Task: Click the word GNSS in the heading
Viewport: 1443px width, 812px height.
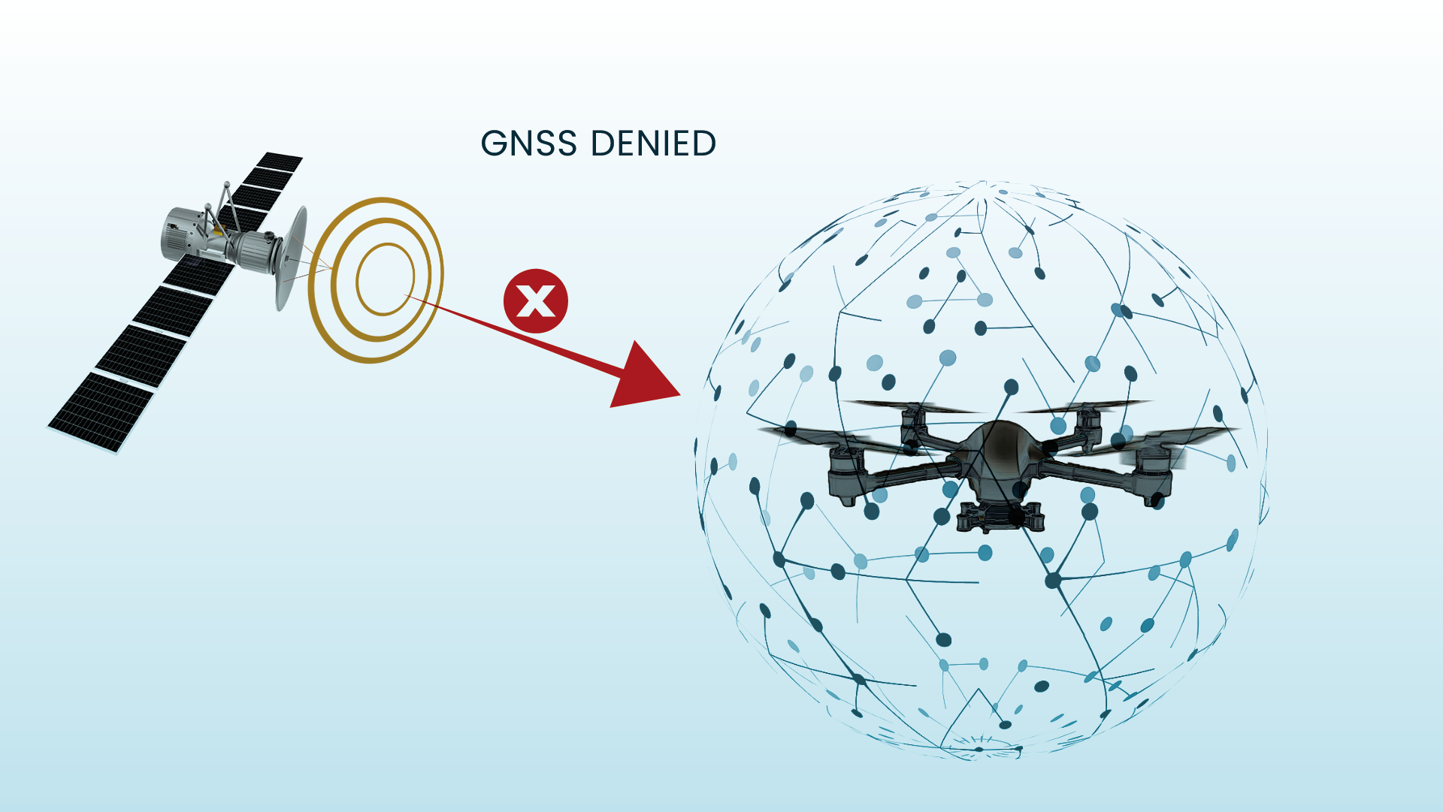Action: [528, 143]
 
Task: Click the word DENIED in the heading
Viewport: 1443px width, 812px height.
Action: [652, 143]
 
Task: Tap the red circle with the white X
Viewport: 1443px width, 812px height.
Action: [535, 301]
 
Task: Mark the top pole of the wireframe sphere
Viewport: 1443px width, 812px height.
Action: [983, 183]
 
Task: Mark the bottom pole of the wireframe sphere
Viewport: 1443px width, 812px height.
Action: [977, 750]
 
